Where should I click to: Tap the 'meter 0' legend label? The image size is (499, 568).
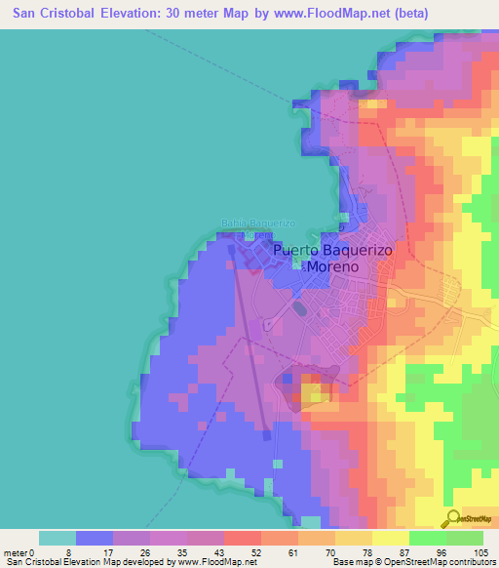pos(22,551)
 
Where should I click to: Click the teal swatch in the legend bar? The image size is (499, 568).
pos(58,538)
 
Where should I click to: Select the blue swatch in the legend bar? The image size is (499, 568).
pos(95,538)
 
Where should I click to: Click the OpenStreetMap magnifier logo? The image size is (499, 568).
pos(450,518)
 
